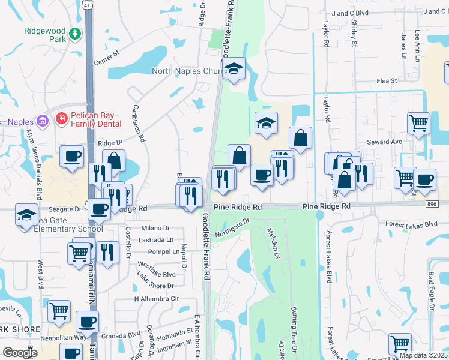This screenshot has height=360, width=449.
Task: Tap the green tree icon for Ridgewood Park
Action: click(x=75, y=34)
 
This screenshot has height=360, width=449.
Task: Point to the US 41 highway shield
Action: click(x=88, y=5)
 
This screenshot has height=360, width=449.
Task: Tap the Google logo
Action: click(x=20, y=353)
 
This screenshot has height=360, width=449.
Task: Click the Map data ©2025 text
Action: click(x=423, y=355)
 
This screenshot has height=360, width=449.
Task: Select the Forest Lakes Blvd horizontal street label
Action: click(x=412, y=224)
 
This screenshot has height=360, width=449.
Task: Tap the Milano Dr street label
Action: click(x=156, y=228)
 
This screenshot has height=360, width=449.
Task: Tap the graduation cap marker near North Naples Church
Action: click(x=234, y=70)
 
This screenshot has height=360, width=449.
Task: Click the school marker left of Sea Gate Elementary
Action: click(x=26, y=214)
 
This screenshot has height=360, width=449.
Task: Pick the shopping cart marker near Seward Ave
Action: click(x=418, y=123)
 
